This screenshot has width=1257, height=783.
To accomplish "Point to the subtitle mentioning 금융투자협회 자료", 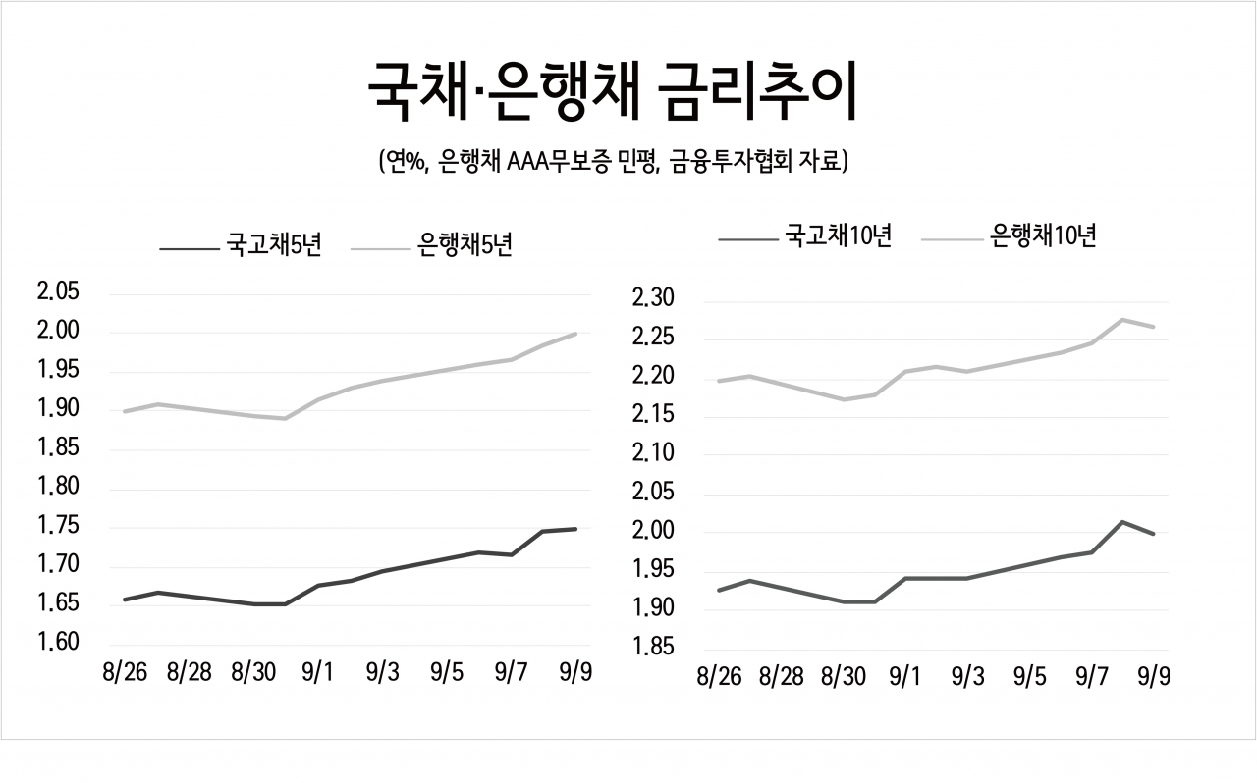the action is click(x=613, y=162).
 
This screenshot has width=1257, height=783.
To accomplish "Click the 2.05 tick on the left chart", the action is click(x=58, y=291).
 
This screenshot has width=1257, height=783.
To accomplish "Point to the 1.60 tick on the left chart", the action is click(x=58, y=642).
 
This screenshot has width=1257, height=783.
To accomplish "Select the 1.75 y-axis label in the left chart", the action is click(x=58, y=526).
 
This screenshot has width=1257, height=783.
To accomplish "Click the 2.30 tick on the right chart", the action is click(x=653, y=298).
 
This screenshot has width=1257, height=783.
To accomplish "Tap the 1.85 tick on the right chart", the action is click(x=653, y=647).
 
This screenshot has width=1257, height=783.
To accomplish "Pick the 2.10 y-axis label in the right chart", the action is click(x=653, y=452).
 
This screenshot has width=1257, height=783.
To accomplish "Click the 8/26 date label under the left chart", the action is click(x=125, y=672).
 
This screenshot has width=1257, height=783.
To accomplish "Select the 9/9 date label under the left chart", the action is click(x=575, y=672).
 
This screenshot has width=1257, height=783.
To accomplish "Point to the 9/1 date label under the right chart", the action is click(x=905, y=676).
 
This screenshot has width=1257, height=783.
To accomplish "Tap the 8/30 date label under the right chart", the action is click(x=844, y=676).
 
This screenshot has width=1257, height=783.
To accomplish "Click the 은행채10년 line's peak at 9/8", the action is click(x=1122, y=320).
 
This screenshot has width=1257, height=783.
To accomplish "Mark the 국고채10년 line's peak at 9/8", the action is click(x=1122, y=522).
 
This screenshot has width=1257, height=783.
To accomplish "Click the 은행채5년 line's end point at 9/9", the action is click(x=575, y=335).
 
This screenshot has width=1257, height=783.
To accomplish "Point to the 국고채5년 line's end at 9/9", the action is click(x=575, y=529).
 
